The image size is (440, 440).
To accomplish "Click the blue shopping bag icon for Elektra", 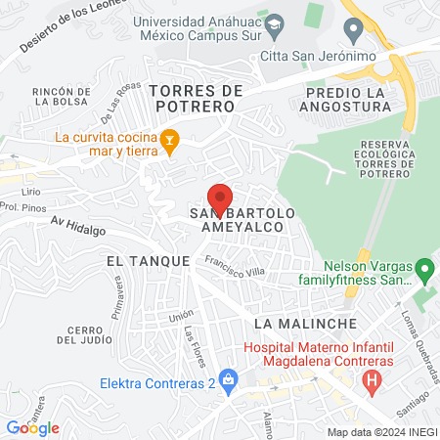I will (x=228, y=378).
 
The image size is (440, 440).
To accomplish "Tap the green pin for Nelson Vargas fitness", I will (x=424, y=267).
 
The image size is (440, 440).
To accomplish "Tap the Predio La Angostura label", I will (x=336, y=99).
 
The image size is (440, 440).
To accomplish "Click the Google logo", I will (x=33, y=428).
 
